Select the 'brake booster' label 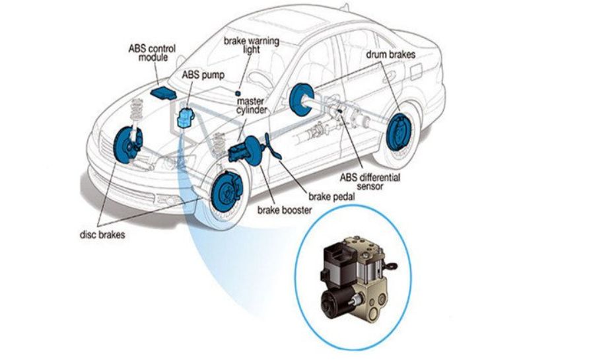pos(285,210)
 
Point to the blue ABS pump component pos(186,118)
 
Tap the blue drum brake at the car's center pos(302,100)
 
